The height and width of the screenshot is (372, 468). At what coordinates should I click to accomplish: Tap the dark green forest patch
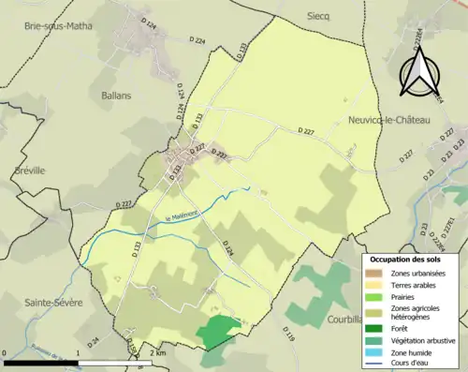click(x=217, y=331)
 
